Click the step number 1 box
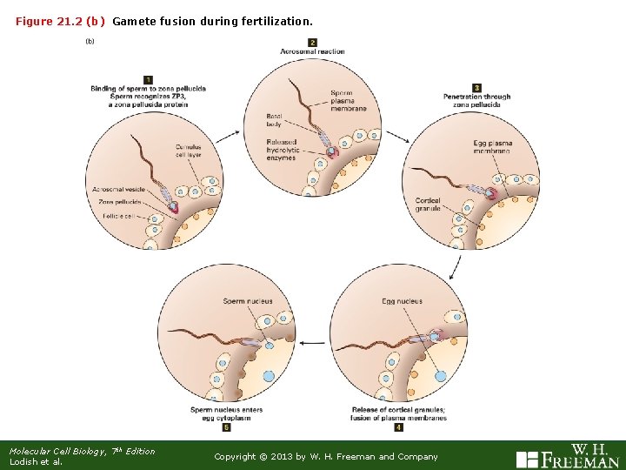coord(149,80)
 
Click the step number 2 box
coord(312,43)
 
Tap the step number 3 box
coord(476,87)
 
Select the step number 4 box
coord(398,427)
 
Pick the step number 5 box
coord(226,427)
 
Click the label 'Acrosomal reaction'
coord(312,52)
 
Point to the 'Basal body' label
coord(275,120)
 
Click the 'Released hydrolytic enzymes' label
coord(282,151)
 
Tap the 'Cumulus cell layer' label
coord(188,151)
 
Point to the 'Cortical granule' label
coord(428,205)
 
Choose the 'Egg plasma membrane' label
coord(493,147)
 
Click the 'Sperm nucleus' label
coord(248,302)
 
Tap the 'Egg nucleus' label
coord(402,302)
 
